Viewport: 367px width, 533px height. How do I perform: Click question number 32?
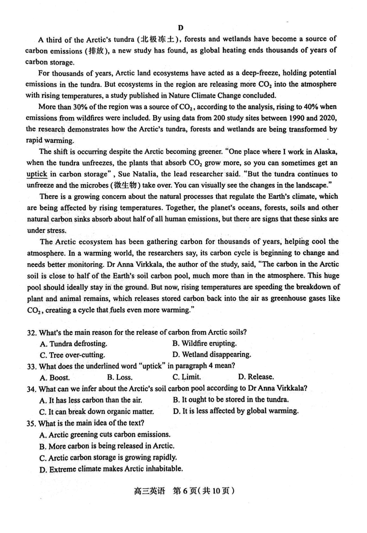(31, 332)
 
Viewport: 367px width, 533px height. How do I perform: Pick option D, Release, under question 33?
(256, 377)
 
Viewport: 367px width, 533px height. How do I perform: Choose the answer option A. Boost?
(55, 377)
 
